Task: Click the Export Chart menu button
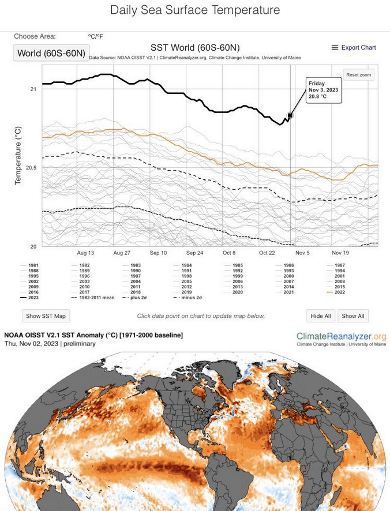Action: click(x=354, y=48)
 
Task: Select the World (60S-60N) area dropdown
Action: click(x=51, y=53)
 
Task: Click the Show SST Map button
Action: click(x=46, y=316)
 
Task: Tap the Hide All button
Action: click(x=321, y=316)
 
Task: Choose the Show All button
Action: click(x=353, y=316)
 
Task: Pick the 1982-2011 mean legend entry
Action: click(x=92, y=298)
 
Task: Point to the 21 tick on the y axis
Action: click(x=33, y=89)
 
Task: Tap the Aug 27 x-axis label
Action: click(x=122, y=253)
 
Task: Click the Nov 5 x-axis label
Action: click(x=302, y=253)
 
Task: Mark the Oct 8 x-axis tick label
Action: click(x=230, y=253)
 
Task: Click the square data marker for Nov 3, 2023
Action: click(x=290, y=115)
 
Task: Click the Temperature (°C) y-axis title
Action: click(x=18, y=156)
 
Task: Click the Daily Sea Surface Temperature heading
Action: click(x=195, y=10)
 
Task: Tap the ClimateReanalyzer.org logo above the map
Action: click(x=341, y=337)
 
